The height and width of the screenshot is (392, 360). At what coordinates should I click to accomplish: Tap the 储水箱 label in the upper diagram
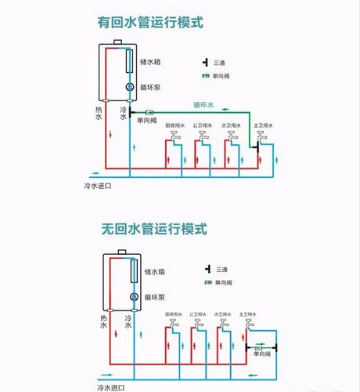tap(151, 61)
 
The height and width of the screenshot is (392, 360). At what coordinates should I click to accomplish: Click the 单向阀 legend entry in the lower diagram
tap(221, 281)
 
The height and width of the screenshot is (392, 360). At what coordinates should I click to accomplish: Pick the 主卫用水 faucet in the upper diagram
tap(260, 139)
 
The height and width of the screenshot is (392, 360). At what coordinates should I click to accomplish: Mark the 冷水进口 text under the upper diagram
tap(99, 186)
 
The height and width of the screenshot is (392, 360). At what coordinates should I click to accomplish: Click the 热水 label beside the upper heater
tap(100, 113)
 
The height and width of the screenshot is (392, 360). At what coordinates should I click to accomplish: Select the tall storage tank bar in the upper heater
tap(128, 61)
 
